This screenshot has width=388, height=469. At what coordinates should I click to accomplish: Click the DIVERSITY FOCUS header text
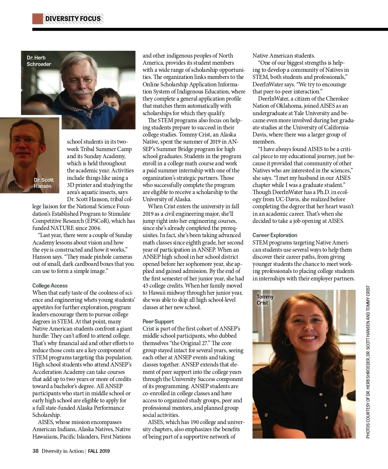coord(73,19)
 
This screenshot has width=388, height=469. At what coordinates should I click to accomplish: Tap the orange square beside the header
coord(38,19)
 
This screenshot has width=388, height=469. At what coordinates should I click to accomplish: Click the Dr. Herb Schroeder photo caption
coord(39,61)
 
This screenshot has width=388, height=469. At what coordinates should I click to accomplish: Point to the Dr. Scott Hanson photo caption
coord(43,183)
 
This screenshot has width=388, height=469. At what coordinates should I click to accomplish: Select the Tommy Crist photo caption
coord(265,300)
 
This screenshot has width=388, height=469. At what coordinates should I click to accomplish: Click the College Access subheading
coord(50,286)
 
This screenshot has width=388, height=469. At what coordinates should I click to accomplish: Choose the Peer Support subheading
coord(158,322)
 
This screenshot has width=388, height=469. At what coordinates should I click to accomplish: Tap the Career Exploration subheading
coord(275,235)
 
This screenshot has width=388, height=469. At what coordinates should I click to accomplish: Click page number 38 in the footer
coord(35,451)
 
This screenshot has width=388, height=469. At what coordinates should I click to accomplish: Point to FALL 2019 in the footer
coord(99,451)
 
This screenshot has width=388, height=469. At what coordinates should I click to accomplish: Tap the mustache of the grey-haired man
coord(80,93)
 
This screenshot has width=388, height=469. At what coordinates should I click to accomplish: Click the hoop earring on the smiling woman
coord(287,341)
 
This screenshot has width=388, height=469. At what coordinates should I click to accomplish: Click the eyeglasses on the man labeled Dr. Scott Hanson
coord(25,140)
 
